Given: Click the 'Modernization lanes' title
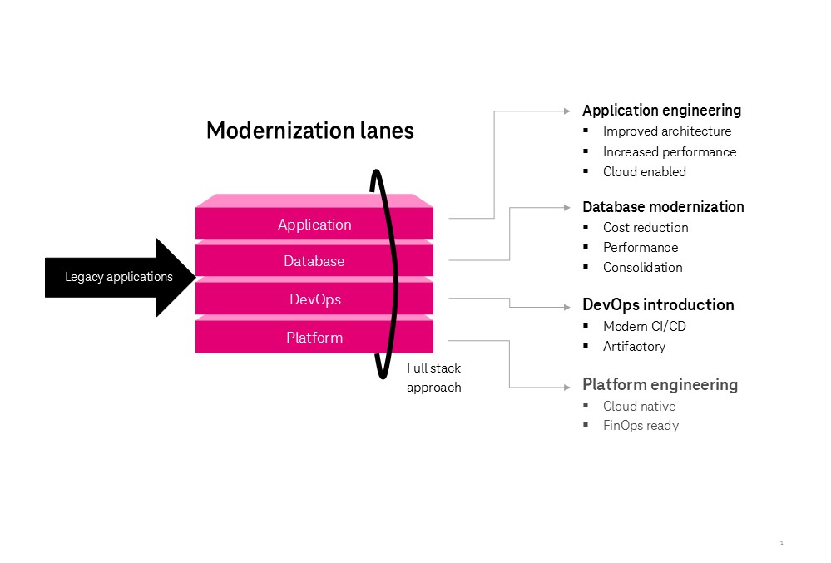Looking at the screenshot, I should click(x=309, y=131).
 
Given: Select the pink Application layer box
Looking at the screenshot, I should click(x=314, y=225).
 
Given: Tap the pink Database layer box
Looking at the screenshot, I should click(x=314, y=261).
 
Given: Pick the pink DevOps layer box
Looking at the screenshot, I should click(x=314, y=299).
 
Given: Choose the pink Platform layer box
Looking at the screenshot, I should click(x=314, y=338).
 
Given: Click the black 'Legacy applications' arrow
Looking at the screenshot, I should click(x=120, y=277).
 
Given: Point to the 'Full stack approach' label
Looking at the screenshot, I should click(x=433, y=378).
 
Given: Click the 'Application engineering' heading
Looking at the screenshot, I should click(x=661, y=111).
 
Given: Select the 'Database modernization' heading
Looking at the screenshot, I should click(x=663, y=207).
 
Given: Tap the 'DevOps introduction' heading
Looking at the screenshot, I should click(x=658, y=304).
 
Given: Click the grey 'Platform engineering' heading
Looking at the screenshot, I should click(x=660, y=384).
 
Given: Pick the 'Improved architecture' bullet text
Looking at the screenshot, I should click(x=667, y=131).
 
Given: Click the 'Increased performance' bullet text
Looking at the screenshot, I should click(x=670, y=152).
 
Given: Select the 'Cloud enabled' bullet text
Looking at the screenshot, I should click(x=645, y=172).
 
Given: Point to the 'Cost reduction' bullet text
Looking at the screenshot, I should click(x=646, y=228).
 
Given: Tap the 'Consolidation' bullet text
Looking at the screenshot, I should click(x=643, y=268).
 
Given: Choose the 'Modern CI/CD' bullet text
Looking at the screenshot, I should click(x=645, y=327).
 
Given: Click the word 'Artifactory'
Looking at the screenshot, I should click(x=634, y=347).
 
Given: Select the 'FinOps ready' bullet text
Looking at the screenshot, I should click(x=641, y=426).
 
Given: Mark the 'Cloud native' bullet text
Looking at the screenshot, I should click(x=639, y=407).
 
